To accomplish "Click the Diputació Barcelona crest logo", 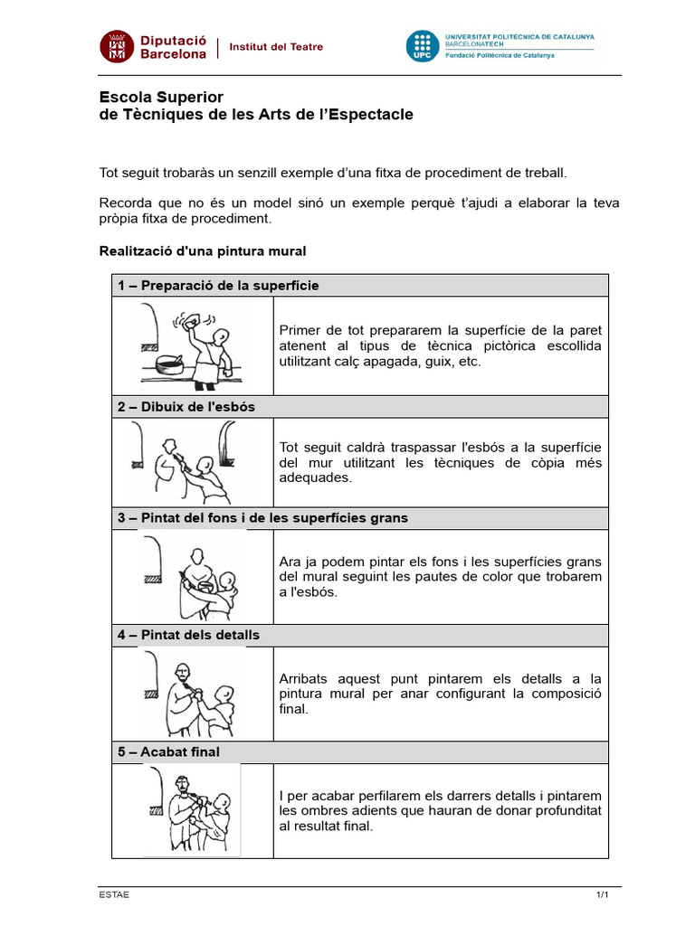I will coord(115,47).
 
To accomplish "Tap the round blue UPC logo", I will coord(421,47).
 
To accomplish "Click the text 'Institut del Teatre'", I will coord(276,47).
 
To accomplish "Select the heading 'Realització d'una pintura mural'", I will coord(202,250).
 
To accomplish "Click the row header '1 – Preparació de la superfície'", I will coord(218,286).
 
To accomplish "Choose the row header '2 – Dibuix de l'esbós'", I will coord(186,407).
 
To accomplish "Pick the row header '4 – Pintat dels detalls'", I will coord(188,635).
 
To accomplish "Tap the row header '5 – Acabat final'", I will coord(168,752).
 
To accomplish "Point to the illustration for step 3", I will coord(192,575).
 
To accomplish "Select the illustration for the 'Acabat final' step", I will coord(192,810).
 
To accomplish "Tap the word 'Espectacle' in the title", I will coord(368,114).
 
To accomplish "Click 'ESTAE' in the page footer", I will coord(114,895).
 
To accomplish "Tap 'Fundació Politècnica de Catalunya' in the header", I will coord(500,56).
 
